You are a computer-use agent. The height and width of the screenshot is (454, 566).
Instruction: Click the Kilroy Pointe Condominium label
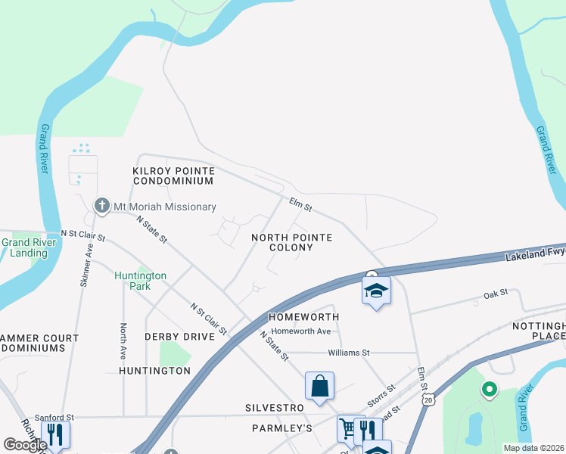(x=173, y=176)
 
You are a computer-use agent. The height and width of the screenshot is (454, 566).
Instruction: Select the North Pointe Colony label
(x=291, y=242)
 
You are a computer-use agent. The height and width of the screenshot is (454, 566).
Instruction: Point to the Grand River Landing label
(x=26, y=247)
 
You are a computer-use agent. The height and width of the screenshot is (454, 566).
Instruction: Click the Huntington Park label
(x=141, y=281)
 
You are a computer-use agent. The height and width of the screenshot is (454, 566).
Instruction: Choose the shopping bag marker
(x=320, y=386)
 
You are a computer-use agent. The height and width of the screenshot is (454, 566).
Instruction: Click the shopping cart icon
(x=347, y=428)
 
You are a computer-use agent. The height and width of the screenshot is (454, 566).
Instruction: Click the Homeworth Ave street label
(x=301, y=331)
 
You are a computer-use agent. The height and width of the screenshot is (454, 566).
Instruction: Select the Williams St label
(x=348, y=353)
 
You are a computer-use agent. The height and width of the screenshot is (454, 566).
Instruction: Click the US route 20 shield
(x=430, y=400)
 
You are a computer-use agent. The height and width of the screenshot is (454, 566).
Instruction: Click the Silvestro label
(x=274, y=408)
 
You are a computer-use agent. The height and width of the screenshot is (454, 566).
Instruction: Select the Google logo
(x=25, y=445)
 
